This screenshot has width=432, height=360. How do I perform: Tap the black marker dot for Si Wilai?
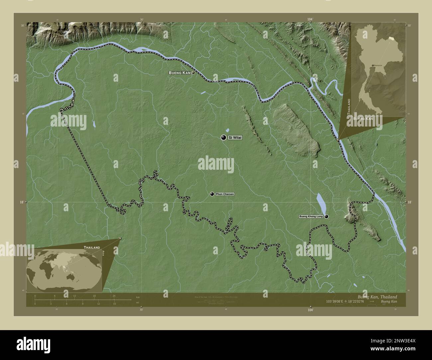tap(224, 137)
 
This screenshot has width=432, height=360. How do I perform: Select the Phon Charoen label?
tap(225, 194)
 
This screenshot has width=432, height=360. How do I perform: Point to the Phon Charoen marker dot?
tap(212, 194)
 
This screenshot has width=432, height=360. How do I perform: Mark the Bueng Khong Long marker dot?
tap(326, 217)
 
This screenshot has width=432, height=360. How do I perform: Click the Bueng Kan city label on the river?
tap(179, 72)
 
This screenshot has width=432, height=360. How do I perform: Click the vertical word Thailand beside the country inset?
tap(349, 106)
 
